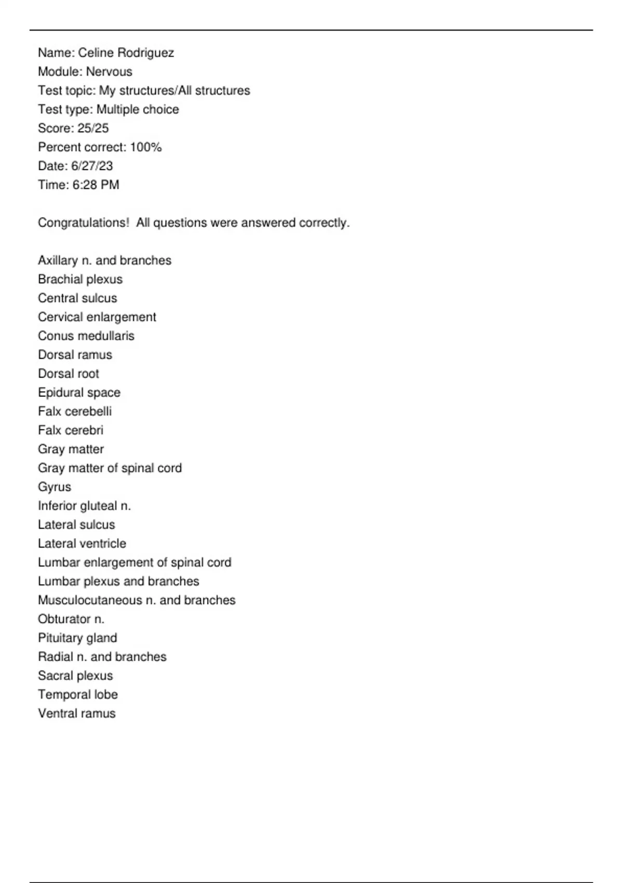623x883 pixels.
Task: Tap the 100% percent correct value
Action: click(x=146, y=147)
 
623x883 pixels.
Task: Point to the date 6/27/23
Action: click(x=92, y=166)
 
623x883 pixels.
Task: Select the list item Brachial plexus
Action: click(x=80, y=279)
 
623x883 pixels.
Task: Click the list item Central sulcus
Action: click(x=77, y=298)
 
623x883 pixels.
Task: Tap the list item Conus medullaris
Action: click(x=86, y=336)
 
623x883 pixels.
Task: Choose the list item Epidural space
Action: click(x=79, y=393)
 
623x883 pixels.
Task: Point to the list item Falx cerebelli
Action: click(x=75, y=411)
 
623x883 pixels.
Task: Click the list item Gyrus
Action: click(x=55, y=487)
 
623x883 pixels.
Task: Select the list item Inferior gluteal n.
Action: click(x=84, y=506)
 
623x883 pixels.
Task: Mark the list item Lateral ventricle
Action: click(x=82, y=544)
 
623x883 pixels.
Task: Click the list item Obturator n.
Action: click(x=71, y=619)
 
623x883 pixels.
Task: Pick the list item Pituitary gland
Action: click(x=77, y=638)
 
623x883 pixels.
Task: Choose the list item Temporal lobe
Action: click(x=78, y=694)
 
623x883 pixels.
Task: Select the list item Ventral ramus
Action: click(x=76, y=714)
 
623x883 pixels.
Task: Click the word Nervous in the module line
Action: click(x=109, y=72)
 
